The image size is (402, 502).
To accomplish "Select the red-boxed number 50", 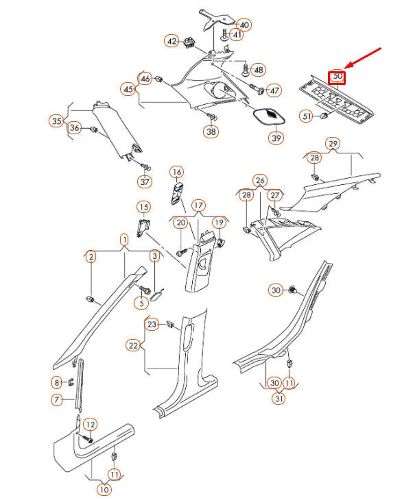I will click(x=337, y=77).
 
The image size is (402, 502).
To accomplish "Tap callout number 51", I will click(x=307, y=116).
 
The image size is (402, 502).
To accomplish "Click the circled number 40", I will click(x=244, y=25).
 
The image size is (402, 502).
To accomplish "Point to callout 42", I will click(x=172, y=41).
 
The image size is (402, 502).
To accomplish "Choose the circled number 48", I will click(x=258, y=70).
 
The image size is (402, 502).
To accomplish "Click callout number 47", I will click(x=274, y=90).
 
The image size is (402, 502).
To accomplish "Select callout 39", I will click(x=275, y=138).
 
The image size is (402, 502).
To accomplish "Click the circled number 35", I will click(x=56, y=121).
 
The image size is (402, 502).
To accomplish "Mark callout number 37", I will click(x=145, y=181).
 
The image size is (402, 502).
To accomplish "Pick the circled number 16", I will click(x=176, y=171).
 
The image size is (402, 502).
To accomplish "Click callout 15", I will click(x=143, y=207).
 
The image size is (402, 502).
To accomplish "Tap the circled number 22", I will click(x=134, y=346).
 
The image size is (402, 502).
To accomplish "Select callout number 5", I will click(x=142, y=303).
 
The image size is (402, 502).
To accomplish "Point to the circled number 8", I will click(x=57, y=381).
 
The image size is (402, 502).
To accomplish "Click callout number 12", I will click(x=90, y=425).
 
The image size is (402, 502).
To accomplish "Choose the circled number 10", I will click(x=104, y=489).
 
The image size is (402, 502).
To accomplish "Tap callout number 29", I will click(x=333, y=143).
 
